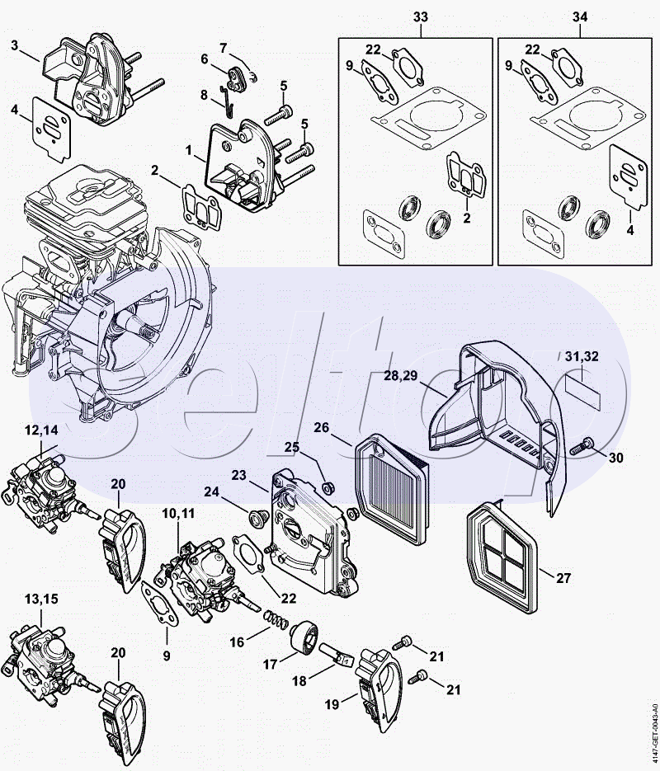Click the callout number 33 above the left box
coord(421,17)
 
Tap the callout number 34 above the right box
coord(580,17)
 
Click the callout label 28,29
coord(401,376)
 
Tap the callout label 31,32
coord(582,356)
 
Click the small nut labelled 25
coord(326,487)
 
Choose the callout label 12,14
coord(42,430)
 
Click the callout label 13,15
coord(42,599)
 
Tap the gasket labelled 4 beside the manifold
coord(51,129)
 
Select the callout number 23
coord(239,476)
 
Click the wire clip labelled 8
coord(226,101)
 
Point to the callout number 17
coord(270,665)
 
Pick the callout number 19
coord(332,704)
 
